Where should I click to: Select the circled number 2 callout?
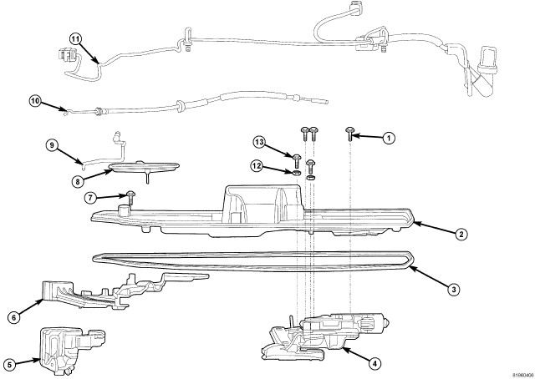[461, 235]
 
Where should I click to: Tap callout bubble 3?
[452, 290]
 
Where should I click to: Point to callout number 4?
[375, 364]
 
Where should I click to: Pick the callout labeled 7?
[89, 197]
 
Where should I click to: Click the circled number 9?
[51, 144]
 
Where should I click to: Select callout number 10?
[34, 101]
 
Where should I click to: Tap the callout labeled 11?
[75, 39]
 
